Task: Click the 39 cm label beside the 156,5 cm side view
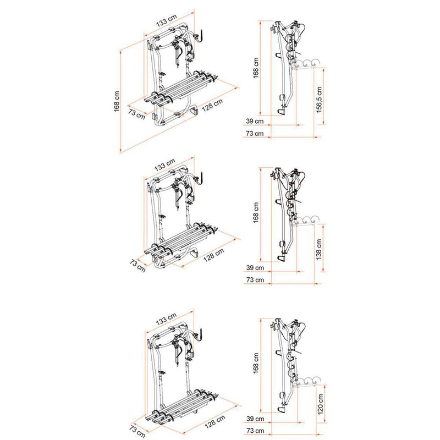tap(255, 120)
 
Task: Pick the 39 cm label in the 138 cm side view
tap(255, 268)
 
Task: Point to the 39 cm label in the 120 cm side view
tap(255, 419)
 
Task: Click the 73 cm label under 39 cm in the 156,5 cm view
tap(255, 134)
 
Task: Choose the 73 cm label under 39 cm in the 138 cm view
tap(255, 280)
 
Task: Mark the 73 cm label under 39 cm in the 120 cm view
tap(255, 431)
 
